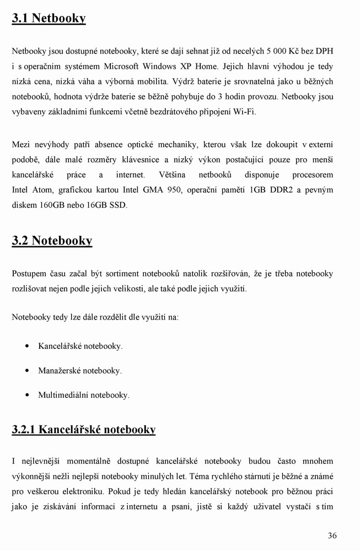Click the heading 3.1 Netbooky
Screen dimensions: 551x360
pyautogui.click(x=49, y=19)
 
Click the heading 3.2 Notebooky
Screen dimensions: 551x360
pyautogui.click(x=52, y=241)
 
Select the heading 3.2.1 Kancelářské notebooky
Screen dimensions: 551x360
pyautogui.click(x=84, y=429)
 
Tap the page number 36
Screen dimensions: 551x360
pyautogui.click(x=332, y=535)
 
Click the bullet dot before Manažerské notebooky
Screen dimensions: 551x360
pyautogui.click(x=28, y=371)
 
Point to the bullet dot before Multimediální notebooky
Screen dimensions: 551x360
pyautogui.click(x=28, y=395)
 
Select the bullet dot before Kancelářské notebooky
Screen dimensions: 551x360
pyautogui.click(x=28, y=347)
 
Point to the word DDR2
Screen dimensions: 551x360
pyautogui.click(x=284, y=190)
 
